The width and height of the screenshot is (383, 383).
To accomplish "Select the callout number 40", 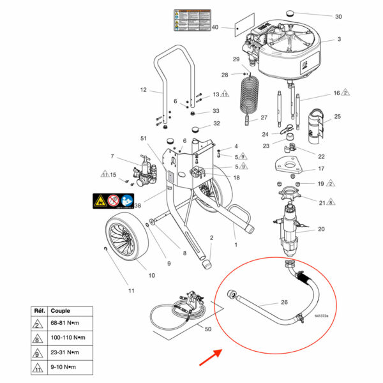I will pyautogui.click(x=215, y=27).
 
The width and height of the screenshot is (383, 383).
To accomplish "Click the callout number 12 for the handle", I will pyautogui.click(x=143, y=89).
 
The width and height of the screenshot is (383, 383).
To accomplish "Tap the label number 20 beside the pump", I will pyautogui.click(x=321, y=229).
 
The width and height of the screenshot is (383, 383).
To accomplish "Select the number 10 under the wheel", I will pyautogui.click(x=152, y=276).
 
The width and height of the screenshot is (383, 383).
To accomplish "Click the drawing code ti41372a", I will pyautogui.click(x=323, y=316).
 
